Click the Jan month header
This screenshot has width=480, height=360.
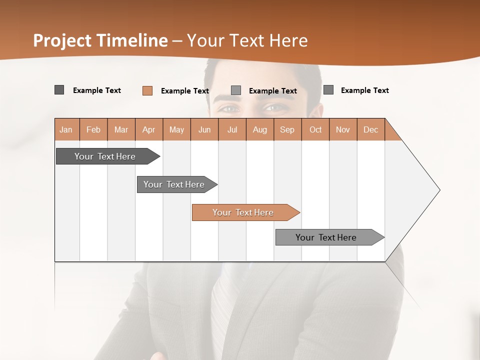click(66, 129)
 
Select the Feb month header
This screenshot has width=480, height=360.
click(93, 129)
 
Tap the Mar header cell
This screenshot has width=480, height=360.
click(121, 129)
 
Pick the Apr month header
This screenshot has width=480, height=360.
click(149, 129)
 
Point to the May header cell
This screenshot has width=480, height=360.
click(176, 129)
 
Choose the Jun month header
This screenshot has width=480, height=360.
click(204, 129)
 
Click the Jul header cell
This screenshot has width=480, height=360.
click(232, 129)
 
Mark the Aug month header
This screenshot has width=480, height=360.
click(260, 129)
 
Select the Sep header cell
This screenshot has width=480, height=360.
click(287, 129)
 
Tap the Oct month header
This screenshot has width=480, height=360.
click(315, 129)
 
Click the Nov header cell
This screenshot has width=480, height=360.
click(343, 129)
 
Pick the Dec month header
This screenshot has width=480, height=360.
click(370, 129)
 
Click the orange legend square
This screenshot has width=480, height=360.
click(147, 90)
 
